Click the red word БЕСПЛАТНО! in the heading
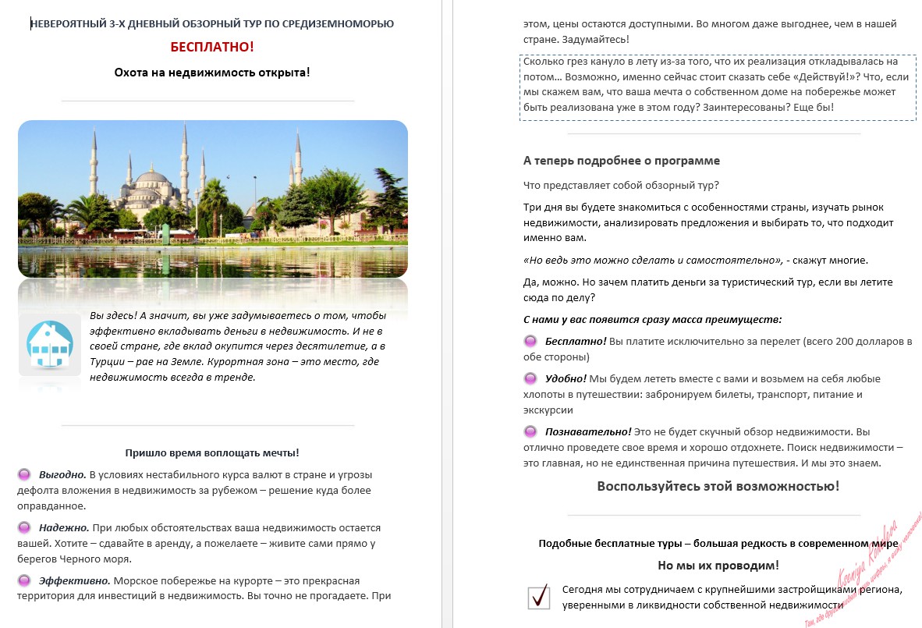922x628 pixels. pos(212,47)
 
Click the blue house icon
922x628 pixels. pos(50,344)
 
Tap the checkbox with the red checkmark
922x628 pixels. pos(539,597)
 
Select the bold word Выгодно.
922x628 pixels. pos(62,474)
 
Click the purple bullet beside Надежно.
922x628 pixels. pos(24,527)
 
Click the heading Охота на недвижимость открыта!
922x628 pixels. pos(212,72)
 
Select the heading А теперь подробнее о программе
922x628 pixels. pos(621,160)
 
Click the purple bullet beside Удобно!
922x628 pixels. pos(530,378)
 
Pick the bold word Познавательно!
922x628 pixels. pos(588,431)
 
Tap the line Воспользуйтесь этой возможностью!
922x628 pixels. pos(718,486)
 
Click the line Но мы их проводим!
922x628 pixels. pos(718,565)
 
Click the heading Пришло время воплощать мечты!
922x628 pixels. pos(212,452)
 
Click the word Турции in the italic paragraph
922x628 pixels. pos(108,361)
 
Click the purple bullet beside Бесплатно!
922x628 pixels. pos(530,342)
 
